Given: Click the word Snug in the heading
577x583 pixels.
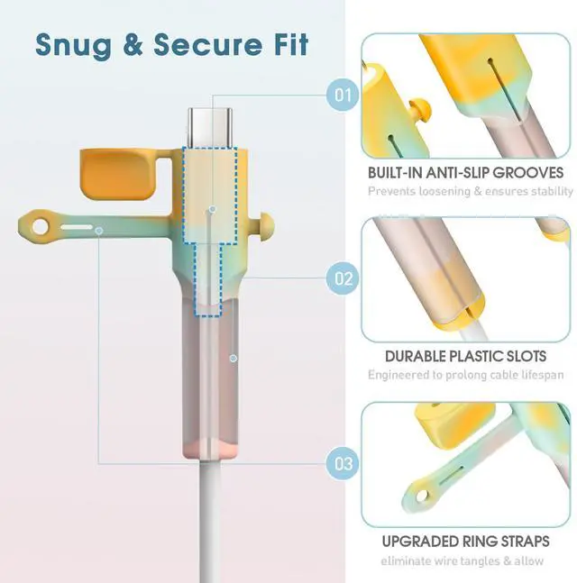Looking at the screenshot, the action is pyautogui.click(x=73, y=46).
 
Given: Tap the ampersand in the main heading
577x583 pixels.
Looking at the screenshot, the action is pyautogui.click(x=133, y=44).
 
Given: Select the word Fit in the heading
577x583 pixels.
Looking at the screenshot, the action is pyautogui.click(x=291, y=44).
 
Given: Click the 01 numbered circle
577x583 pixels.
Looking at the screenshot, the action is pyautogui.click(x=343, y=96).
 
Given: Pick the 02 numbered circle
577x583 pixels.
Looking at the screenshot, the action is pyautogui.click(x=343, y=278).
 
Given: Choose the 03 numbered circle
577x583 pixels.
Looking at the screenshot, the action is pyautogui.click(x=343, y=464).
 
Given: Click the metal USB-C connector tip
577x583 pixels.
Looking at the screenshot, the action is pyautogui.click(x=210, y=127).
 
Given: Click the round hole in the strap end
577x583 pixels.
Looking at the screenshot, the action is pyautogui.click(x=40, y=227).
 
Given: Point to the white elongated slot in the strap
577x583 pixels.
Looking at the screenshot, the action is pyautogui.click(x=77, y=227).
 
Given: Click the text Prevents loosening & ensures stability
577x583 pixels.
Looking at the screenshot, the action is pyautogui.click(x=471, y=191).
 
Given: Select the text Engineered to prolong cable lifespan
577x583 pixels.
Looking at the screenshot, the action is pyautogui.click(x=466, y=375).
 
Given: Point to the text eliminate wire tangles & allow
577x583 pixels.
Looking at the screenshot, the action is pyautogui.click(x=462, y=560).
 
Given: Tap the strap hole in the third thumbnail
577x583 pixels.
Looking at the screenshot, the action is pyautogui.click(x=422, y=496).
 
